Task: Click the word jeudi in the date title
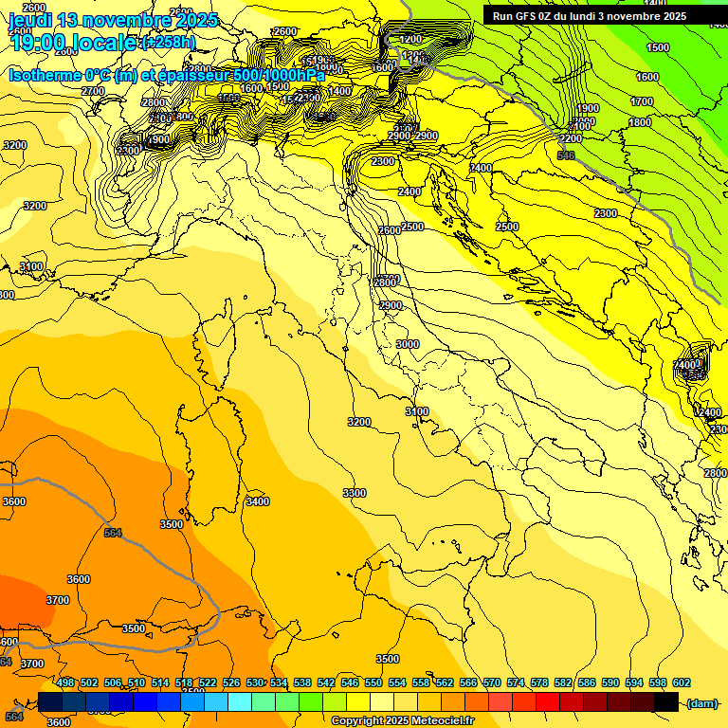pyautogui.click(x=31, y=20)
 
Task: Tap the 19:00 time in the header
pyautogui.click(x=41, y=42)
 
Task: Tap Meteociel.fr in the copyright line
pyautogui.click(x=441, y=721)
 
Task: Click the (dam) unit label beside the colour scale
pyautogui.click(x=701, y=703)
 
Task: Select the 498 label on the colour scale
pyautogui.click(x=65, y=682)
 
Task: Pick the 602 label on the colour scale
pyautogui.click(x=682, y=682)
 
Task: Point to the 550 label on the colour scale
pyautogui.click(x=373, y=682)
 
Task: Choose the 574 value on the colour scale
pyautogui.click(x=516, y=682)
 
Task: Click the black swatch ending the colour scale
pyautogui.click(x=666, y=702)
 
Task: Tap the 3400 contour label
pyautogui.click(x=257, y=501)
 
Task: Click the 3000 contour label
pyautogui.click(x=408, y=344)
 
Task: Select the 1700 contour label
pyautogui.click(x=642, y=101)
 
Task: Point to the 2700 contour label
pyautogui.click(x=93, y=91)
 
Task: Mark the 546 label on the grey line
pyautogui.click(x=566, y=155)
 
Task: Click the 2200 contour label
pyautogui.click(x=571, y=138)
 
